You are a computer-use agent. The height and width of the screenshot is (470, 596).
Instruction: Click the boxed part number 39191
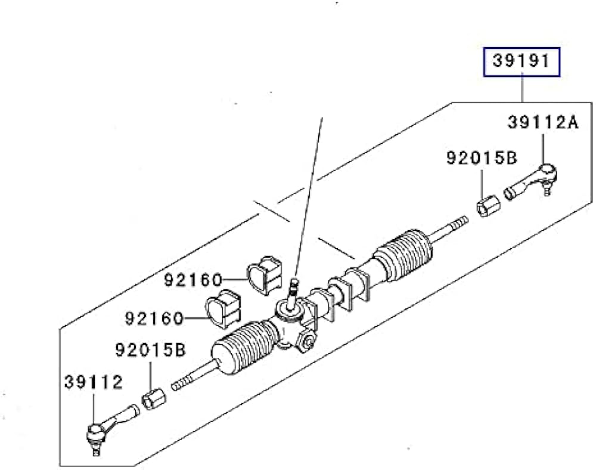tap(521, 61)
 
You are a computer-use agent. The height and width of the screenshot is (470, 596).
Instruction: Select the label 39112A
tap(543, 123)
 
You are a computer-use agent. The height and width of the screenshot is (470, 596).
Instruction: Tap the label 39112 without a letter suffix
tap(92, 382)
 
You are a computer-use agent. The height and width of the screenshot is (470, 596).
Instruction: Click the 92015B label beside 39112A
tap(482, 158)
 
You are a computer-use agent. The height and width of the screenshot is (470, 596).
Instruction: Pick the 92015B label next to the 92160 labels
tap(151, 348)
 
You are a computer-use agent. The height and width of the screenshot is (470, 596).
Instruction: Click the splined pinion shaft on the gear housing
tap(293, 292)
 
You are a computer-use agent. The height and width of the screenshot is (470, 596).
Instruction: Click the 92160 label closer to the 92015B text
tap(154, 319)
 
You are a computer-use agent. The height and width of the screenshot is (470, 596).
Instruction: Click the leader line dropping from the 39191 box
tap(522, 89)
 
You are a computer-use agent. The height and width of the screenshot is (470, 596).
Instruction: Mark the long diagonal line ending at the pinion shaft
tap(309, 197)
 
